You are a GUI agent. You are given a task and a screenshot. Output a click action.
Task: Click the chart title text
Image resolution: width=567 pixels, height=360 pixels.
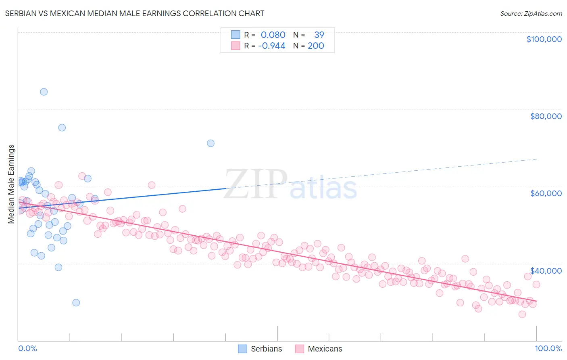tap(135, 13)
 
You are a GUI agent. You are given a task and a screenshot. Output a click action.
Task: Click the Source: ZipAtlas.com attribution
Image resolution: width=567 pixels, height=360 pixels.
tap(531, 13)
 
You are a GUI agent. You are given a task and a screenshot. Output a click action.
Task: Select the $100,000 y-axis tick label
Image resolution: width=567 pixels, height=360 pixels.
tap(544, 39)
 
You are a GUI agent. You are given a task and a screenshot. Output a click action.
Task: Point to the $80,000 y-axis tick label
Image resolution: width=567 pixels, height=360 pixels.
tap(546, 116)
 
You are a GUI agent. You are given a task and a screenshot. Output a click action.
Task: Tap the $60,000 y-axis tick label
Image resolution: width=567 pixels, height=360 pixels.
tap(546, 193)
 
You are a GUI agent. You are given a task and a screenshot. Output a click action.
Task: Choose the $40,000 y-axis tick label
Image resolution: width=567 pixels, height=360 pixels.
tap(546, 270)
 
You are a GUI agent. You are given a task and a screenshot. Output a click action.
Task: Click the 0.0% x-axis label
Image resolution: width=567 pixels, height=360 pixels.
tap(27, 348)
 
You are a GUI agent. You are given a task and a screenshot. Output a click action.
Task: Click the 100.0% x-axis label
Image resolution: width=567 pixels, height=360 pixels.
tap(548, 348)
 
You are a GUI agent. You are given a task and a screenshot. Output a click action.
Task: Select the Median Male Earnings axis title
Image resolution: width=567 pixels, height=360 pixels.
tap(11, 184)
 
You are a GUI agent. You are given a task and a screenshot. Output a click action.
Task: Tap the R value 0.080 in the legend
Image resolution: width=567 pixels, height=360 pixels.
tap(273, 35)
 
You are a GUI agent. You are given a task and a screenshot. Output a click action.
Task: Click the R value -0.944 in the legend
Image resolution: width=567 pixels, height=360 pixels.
tap(272, 46)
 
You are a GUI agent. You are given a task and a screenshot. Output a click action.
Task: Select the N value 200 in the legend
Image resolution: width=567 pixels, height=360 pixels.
tap(316, 46)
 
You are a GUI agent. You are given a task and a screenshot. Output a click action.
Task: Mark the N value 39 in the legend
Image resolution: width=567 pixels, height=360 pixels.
tap(319, 35)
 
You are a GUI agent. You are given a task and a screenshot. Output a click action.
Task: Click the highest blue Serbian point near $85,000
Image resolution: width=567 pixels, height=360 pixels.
tap(44, 92)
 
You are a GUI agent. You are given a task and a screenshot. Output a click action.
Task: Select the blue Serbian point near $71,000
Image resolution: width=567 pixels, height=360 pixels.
tap(211, 143)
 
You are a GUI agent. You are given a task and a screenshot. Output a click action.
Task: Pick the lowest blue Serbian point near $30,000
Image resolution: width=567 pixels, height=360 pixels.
tap(76, 303)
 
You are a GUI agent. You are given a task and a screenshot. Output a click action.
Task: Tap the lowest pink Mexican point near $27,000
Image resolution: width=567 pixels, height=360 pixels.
tap(522, 314)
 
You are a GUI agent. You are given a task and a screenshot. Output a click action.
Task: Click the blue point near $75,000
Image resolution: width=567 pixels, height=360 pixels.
tap(62, 128)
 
